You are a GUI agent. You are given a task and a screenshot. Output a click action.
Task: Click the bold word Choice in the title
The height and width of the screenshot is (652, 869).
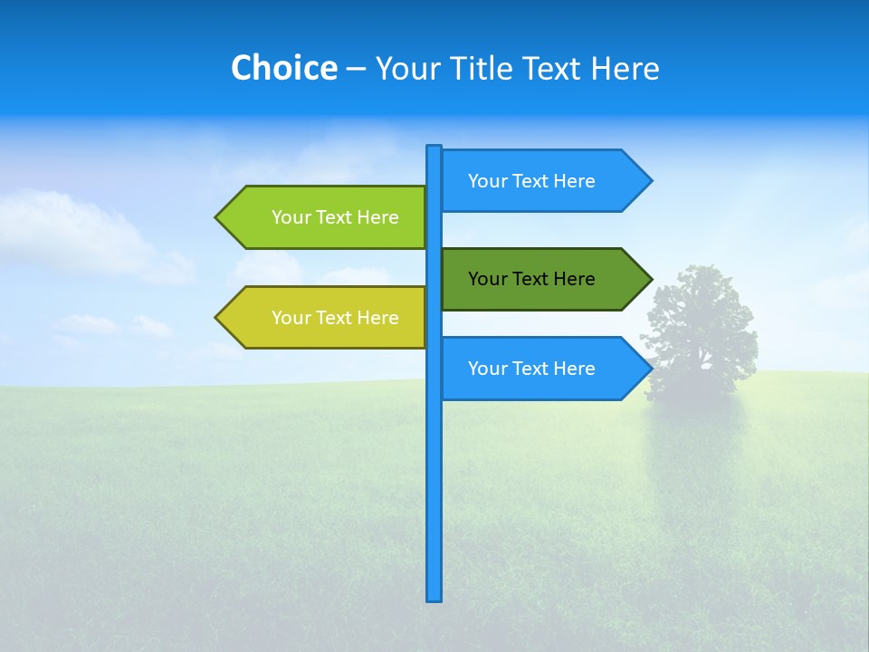coord(283,68)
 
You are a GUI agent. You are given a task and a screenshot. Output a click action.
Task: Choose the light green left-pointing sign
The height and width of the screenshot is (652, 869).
coord(326,217)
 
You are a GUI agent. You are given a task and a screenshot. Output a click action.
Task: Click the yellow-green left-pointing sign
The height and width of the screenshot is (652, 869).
coord(326,318)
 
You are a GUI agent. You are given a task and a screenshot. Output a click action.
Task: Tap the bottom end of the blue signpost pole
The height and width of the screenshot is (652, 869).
coord(434,598)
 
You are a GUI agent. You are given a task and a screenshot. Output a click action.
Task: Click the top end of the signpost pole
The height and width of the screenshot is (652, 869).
coord(434,148)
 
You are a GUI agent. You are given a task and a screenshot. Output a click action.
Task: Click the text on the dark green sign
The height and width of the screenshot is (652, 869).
coord(531,279)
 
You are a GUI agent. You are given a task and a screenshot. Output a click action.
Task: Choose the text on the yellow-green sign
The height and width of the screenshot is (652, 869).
coord(335,318)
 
